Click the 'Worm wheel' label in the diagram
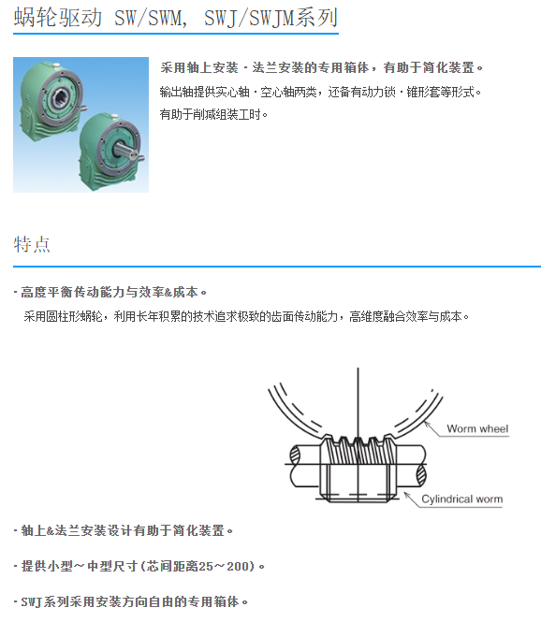[x=477, y=428]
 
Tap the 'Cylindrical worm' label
[x=461, y=499]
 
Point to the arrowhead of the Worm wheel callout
[x=427, y=424]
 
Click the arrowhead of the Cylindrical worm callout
[x=406, y=495]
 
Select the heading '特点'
[x=32, y=244]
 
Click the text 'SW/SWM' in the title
[x=149, y=18]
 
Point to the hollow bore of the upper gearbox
[x=63, y=95]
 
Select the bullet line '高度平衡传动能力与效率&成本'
[x=110, y=293]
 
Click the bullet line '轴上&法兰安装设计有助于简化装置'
[x=123, y=530]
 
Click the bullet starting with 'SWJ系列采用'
[x=130, y=601]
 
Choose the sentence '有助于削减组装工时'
[x=213, y=115]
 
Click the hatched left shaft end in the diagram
[x=295, y=455]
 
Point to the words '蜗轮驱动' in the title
[x=57, y=18]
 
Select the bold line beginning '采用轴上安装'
[x=321, y=68]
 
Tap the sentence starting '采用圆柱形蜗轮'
[x=246, y=316]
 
